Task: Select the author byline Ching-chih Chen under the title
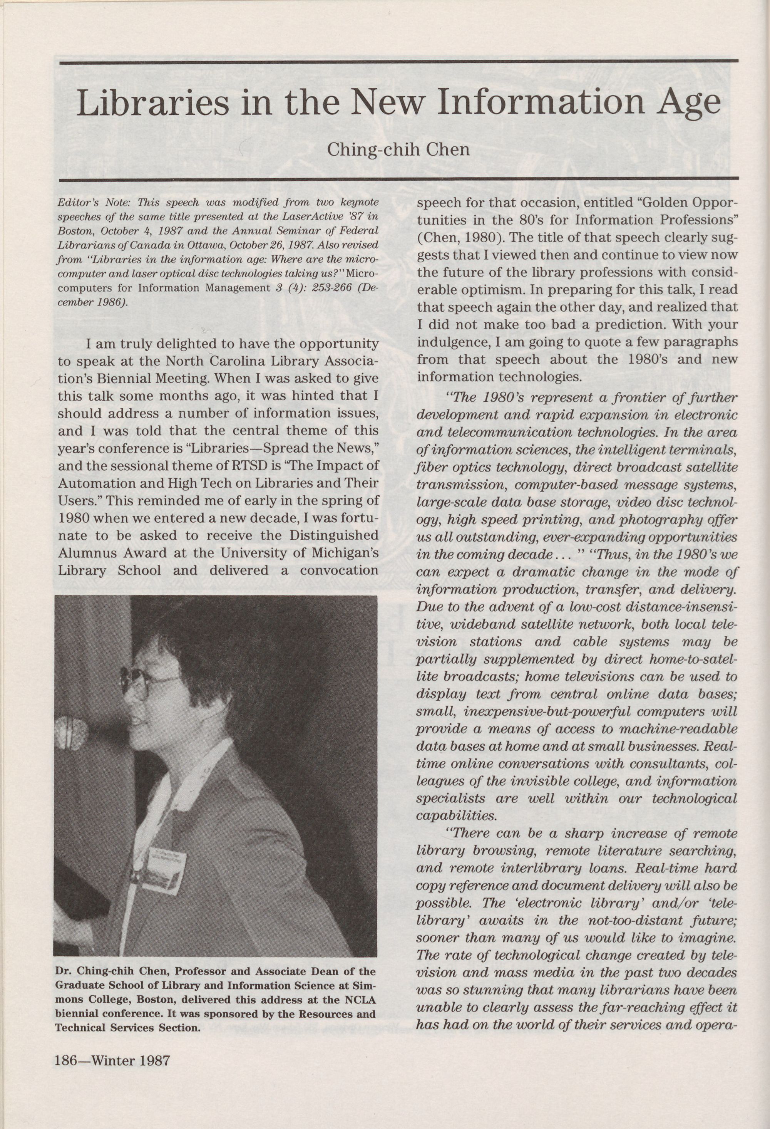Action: pos(398,149)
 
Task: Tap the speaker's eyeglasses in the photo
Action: pos(141,683)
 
